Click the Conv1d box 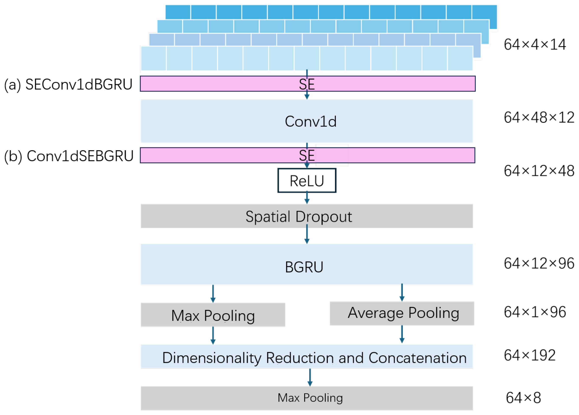pos(306,121)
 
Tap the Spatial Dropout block pos(306,216)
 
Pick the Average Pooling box pos(402,313)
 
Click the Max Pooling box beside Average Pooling pos(213,315)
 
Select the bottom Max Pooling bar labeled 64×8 pos(306,398)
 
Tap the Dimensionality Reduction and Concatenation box pos(306,357)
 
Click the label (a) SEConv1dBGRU pos(68,84)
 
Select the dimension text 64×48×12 pos(539,118)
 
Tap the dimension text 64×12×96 pos(539,263)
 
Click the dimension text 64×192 pos(530,355)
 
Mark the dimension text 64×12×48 pos(539,171)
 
